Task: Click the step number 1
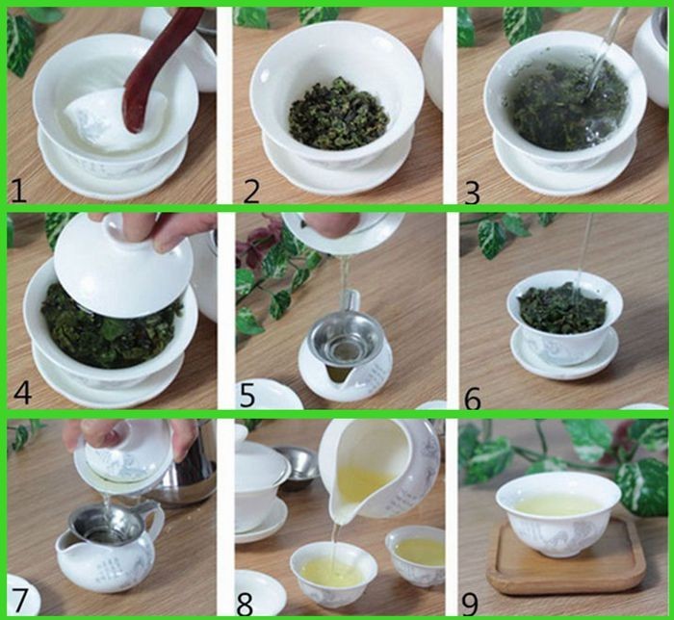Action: point(19,192)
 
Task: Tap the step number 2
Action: point(251,192)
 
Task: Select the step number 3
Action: point(472,193)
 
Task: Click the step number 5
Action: point(247,395)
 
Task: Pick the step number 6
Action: point(473,400)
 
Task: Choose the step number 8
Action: point(245,604)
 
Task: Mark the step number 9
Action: point(470,604)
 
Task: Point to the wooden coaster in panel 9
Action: point(566,558)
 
